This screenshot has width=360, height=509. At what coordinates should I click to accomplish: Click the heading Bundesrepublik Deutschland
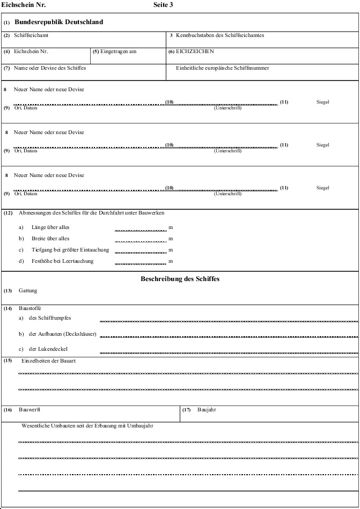(58, 23)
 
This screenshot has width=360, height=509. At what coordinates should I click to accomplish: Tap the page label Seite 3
(163, 5)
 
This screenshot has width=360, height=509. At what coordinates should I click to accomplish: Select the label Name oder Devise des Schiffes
(50, 68)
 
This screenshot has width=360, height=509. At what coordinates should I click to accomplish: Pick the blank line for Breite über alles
(141, 240)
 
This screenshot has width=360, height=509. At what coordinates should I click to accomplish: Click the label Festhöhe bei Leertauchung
(62, 261)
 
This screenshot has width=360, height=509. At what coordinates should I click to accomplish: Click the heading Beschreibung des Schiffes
(180, 279)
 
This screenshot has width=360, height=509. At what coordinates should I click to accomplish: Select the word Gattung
(28, 291)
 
